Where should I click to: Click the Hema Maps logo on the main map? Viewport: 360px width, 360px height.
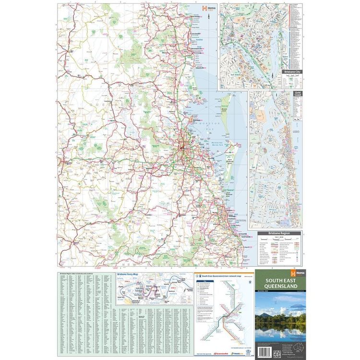click(x=207, y=8)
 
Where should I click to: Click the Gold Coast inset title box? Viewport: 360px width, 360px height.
click(x=298, y=95)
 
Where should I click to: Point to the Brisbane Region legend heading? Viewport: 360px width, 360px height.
click(x=279, y=233)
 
